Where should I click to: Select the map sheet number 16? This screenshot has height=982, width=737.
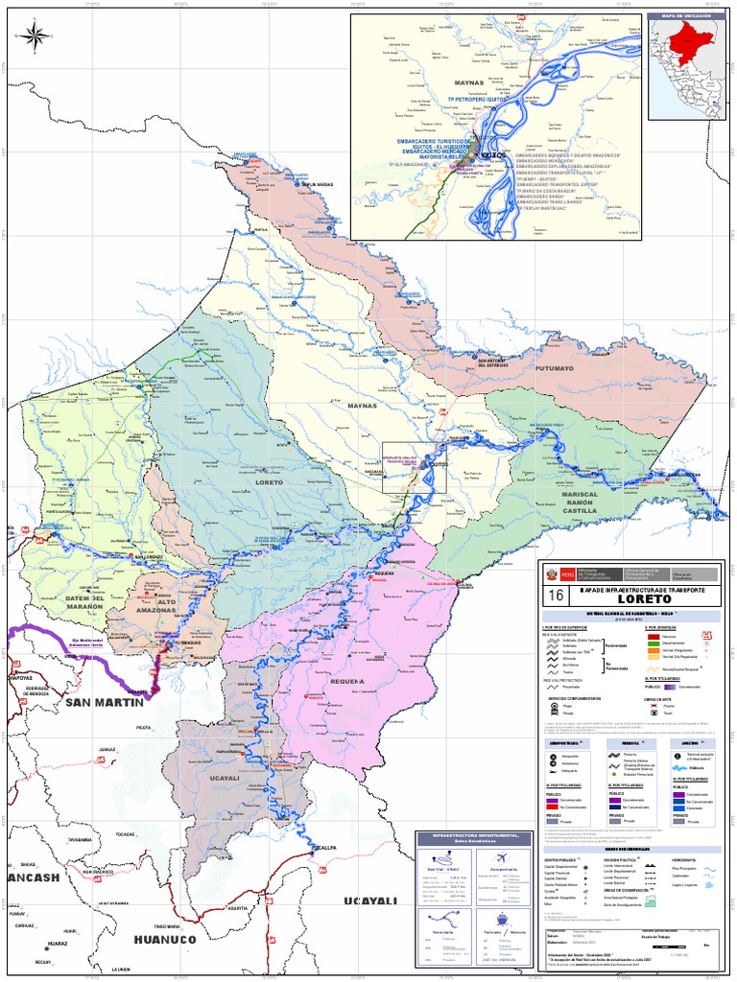(555, 596)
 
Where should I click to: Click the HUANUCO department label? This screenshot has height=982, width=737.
(164, 940)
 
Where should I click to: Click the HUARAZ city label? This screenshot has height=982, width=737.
(57, 944)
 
